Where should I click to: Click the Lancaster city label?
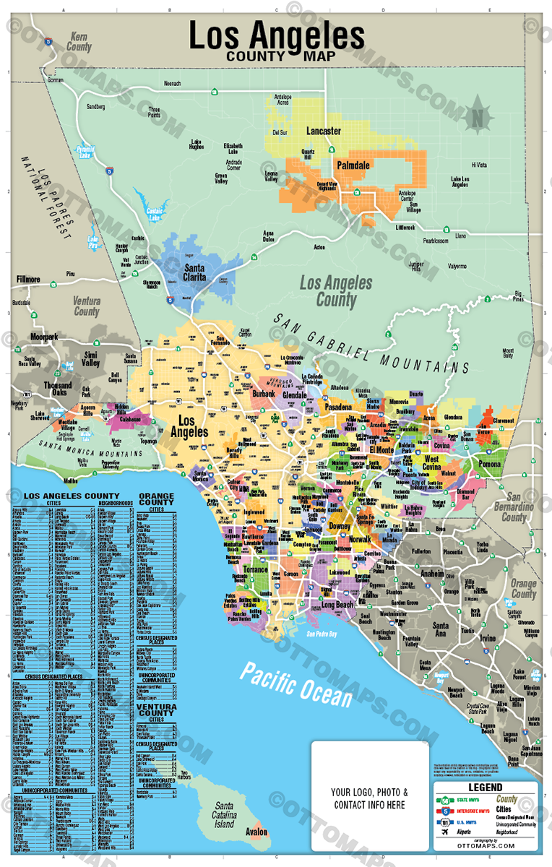click(x=323, y=131)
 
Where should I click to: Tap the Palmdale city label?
click(x=353, y=165)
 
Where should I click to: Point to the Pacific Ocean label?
click(x=297, y=683)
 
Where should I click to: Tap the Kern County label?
click(x=79, y=42)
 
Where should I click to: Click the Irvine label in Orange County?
click(x=488, y=639)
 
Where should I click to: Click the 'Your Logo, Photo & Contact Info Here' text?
click(x=368, y=798)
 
